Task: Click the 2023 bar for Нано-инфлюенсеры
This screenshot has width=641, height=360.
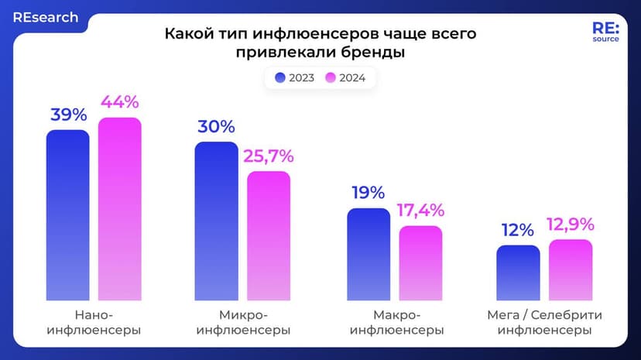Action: pyautogui.click(x=67, y=214)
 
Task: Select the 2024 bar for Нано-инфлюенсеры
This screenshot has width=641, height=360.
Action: pyautogui.click(x=120, y=209)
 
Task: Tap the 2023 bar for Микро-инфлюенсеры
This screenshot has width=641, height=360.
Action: pyautogui.click(x=216, y=221)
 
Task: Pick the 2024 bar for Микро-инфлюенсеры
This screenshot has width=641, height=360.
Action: pyautogui.click(x=269, y=235)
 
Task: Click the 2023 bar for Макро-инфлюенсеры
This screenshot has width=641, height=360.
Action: pyautogui.click(x=368, y=254)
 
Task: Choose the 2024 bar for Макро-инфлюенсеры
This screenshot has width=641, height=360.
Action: pyautogui.click(x=420, y=262)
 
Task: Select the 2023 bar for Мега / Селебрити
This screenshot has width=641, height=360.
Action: pyautogui.click(x=518, y=273)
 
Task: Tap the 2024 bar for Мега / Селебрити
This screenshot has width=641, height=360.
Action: pyautogui.click(x=571, y=269)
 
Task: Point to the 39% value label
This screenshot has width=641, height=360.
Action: pyautogui.click(x=68, y=115)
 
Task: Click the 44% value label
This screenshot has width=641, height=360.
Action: pyautogui.click(x=119, y=101)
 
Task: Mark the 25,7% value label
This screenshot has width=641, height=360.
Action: pyautogui.click(x=268, y=156)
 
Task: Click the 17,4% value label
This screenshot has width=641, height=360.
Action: pyautogui.click(x=420, y=210)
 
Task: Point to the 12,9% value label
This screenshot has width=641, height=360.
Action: pyautogui.click(x=570, y=225)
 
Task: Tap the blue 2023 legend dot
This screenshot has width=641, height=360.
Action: pyautogui.click(x=280, y=77)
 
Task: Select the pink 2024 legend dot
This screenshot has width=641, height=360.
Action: pyautogui.click(x=331, y=77)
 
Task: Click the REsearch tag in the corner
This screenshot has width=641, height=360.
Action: pyautogui.click(x=45, y=17)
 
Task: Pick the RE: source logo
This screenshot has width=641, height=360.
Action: pyautogui.click(x=605, y=31)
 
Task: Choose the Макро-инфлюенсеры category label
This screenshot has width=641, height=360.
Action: pyautogui.click(x=396, y=323)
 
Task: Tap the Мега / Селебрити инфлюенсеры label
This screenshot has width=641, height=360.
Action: pyautogui.click(x=544, y=323)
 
